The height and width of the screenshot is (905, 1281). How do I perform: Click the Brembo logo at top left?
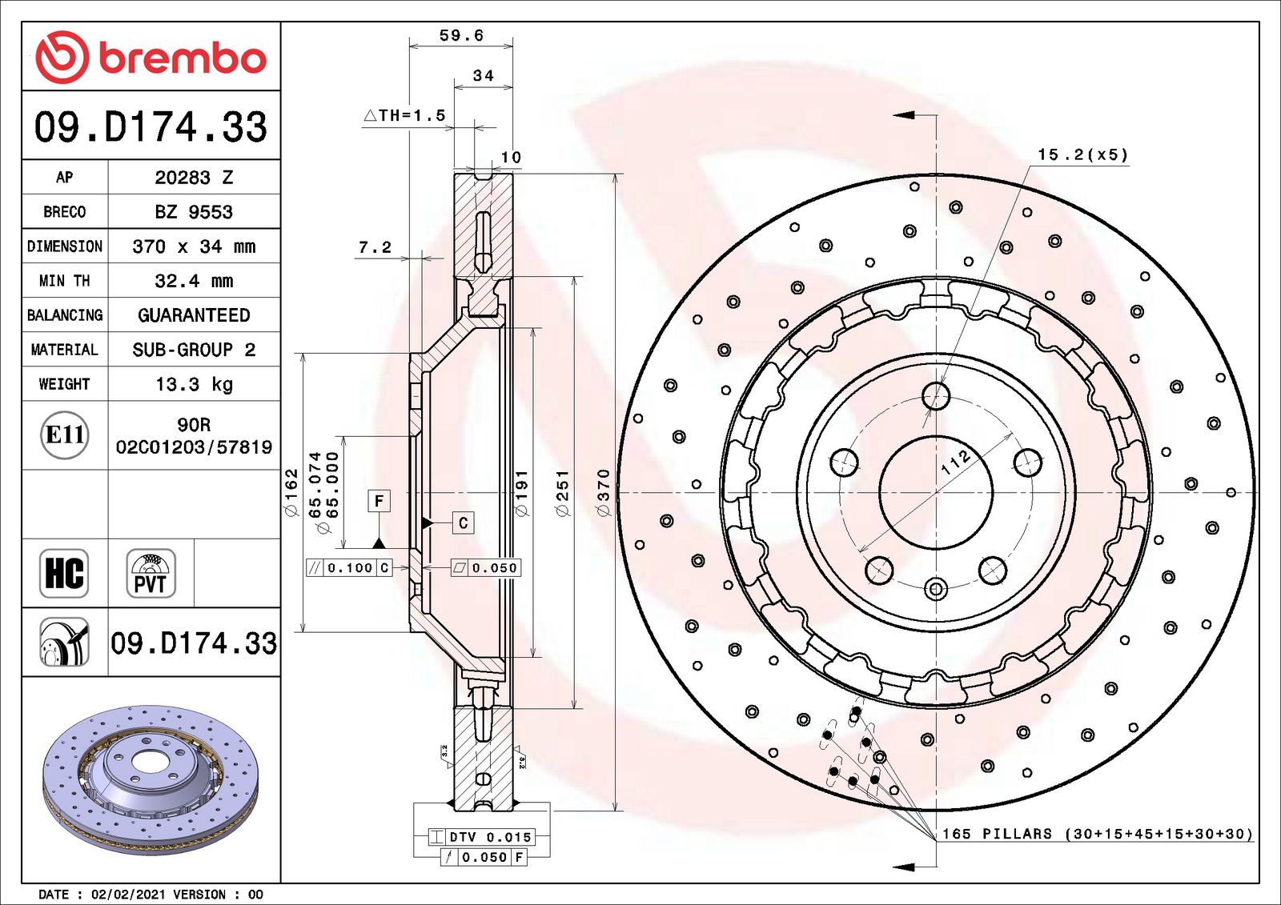point(151,57)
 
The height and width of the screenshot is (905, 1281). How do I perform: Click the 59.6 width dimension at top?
point(461,35)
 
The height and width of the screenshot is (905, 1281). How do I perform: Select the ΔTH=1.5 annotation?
point(405,115)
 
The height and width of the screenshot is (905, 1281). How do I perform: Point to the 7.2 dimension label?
point(375,247)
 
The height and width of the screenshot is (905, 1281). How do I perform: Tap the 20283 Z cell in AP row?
point(194,178)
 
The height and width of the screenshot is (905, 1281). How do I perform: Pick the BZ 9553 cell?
point(194,212)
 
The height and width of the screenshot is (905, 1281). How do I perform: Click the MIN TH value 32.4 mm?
point(194,281)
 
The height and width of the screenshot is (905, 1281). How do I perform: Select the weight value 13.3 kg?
point(194,384)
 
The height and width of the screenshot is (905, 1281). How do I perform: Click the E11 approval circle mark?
point(64,434)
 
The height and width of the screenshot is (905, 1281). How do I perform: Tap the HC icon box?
point(64,573)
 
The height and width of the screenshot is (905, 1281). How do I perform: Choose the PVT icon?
point(151,573)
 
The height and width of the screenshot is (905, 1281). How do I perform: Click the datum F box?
point(379,501)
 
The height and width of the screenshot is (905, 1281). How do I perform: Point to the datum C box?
point(463,523)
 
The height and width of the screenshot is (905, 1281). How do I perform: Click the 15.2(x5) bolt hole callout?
point(1082,154)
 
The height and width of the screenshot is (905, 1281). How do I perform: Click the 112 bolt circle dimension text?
point(955,462)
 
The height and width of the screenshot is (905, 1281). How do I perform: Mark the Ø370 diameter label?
point(603,491)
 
